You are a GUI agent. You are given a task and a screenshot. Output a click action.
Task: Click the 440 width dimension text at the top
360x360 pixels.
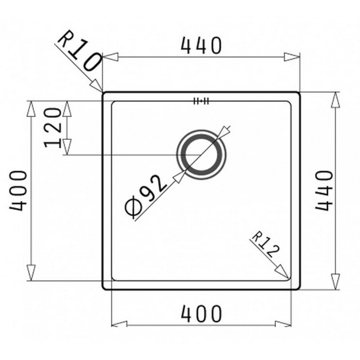(200, 45)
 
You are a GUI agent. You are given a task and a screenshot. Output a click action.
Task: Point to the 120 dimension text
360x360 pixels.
(53, 128)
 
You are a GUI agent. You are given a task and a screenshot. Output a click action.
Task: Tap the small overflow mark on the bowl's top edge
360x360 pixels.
(200, 101)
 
